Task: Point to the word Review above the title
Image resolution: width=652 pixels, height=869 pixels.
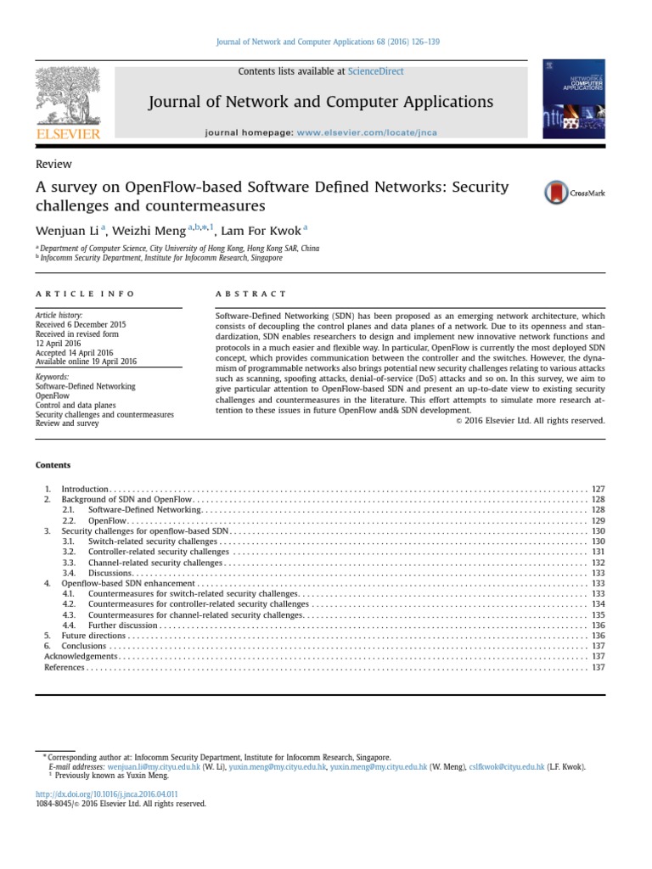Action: point(53,165)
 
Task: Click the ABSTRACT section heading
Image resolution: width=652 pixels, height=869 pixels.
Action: point(251,294)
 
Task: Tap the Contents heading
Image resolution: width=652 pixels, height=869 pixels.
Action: point(53,465)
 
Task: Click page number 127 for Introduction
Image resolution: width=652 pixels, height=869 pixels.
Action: point(598,490)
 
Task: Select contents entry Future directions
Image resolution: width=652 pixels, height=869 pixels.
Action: point(93,636)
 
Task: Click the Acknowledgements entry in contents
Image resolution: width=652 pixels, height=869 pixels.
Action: point(81,656)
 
